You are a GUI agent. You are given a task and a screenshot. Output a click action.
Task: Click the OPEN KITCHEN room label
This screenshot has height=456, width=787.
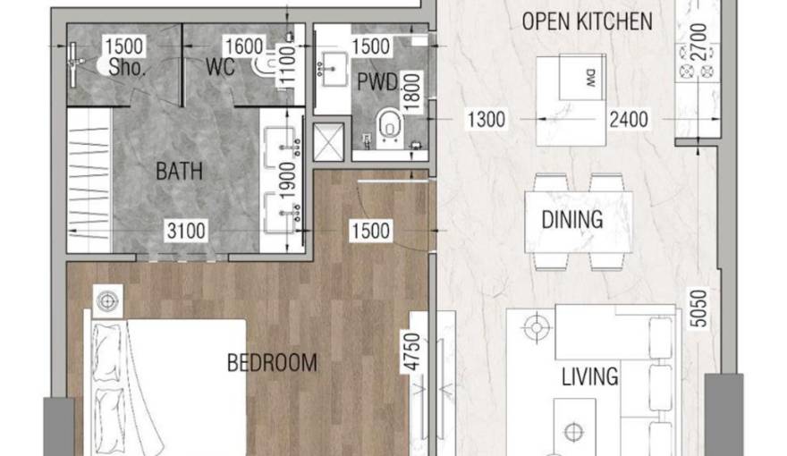[x=587, y=21]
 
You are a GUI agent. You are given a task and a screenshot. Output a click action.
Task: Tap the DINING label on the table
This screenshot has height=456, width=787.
[x=571, y=219]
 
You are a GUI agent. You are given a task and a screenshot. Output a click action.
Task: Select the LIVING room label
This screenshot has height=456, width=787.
[x=589, y=376]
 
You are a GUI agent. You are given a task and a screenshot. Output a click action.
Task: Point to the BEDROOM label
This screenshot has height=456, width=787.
[x=272, y=362]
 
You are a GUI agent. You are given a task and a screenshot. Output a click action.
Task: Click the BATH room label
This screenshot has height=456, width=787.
[x=179, y=170]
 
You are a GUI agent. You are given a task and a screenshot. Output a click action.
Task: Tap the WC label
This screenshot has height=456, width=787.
[x=219, y=67]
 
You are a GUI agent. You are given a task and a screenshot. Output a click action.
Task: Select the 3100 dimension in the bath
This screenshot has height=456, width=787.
[x=185, y=232]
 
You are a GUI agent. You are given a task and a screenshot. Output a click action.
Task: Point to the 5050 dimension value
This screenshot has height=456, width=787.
[x=700, y=307]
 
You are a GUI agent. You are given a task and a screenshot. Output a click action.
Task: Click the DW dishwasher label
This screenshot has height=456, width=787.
[x=591, y=80]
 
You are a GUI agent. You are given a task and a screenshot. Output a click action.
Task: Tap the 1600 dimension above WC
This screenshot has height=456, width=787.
[x=243, y=46]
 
